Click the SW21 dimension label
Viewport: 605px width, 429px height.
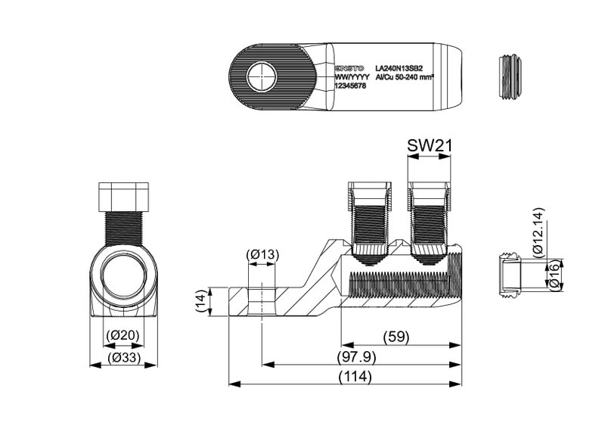pos(429,145)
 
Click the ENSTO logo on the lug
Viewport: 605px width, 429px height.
pos(350,68)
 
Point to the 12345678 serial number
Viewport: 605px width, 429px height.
pos(350,86)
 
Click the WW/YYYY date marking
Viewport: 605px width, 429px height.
pos(352,76)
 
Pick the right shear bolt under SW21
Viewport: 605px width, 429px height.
pos(429,219)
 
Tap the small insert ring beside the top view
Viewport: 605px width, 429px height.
pos(510,76)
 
